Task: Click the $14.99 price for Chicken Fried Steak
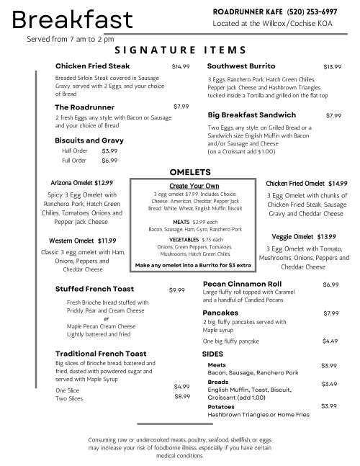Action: pos(181,66)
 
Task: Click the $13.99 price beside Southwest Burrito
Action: pos(332,66)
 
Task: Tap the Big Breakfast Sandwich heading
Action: pos(252,115)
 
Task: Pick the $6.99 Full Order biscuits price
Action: pos(109,161)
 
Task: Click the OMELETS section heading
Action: pos(189,173)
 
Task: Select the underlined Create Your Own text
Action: pos(193,186)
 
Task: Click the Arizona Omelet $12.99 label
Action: pos(82,183)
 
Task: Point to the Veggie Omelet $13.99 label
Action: pos(304,236)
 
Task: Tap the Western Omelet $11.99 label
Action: pos(83,241)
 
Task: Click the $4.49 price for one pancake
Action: pos(330,341)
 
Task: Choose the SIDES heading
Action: pos(212,355)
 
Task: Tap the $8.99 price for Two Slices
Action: pos(182,396)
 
